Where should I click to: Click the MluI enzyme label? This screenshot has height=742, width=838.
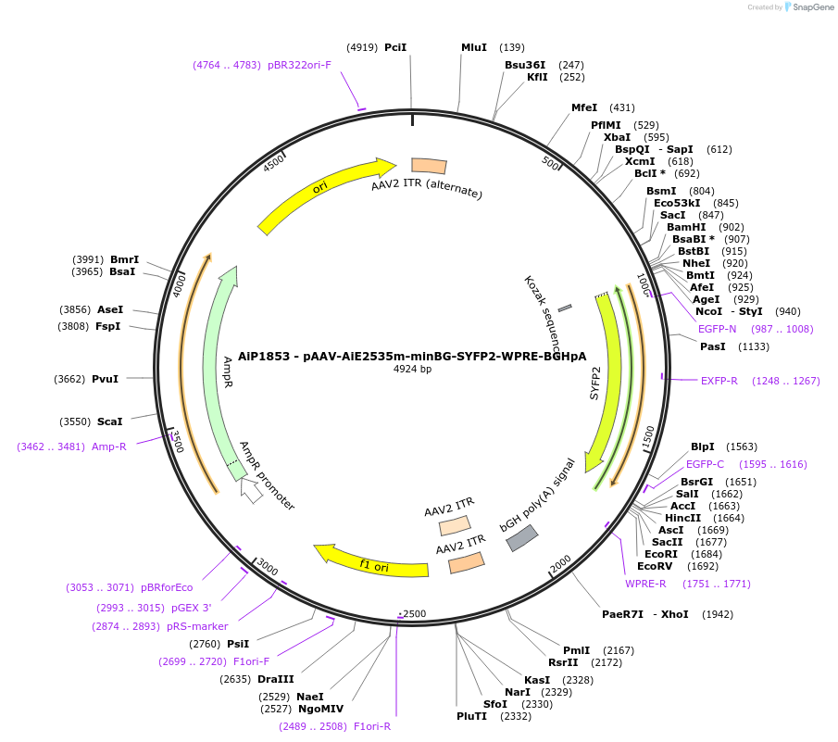pos(473,47)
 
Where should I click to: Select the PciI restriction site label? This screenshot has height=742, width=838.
pos(395,47)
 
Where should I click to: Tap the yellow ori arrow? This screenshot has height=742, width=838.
pos(319,189)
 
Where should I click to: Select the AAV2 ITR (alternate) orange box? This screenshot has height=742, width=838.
pos(429,166)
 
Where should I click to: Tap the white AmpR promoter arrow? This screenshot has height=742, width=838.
pos(251,490)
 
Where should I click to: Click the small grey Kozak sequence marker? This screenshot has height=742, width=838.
pos(565,307)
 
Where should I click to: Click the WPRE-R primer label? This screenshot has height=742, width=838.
pos(645,584)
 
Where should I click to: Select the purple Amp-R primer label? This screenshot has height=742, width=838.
pos(109,446)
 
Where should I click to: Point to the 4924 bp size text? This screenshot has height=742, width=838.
pos(412,369)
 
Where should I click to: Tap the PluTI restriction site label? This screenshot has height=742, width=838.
pos(471,716)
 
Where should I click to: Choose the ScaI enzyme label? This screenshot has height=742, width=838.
pos(109,421)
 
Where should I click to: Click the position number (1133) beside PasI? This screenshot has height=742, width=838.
pos(754,346)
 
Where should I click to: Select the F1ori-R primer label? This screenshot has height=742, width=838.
pos(372,726)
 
